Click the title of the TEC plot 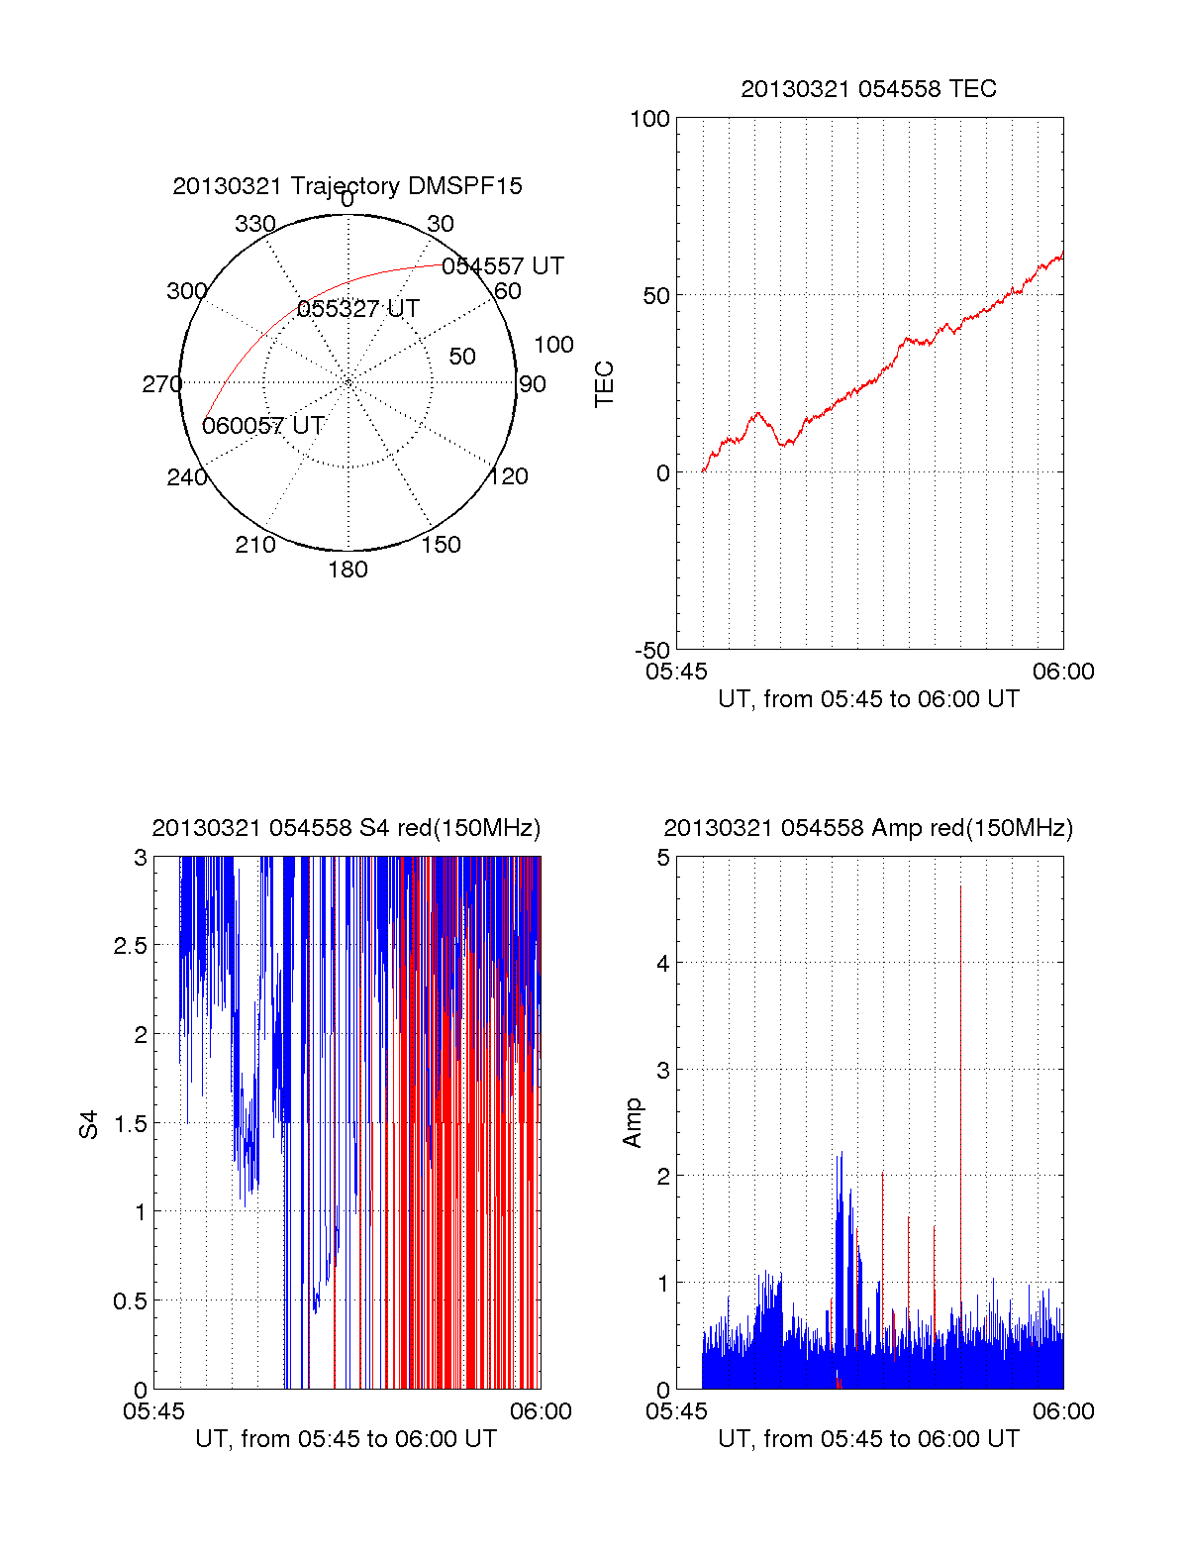coord(868,89)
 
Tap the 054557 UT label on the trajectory coord(503,266)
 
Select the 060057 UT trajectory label coord(263,426)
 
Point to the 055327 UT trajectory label coord(358,309)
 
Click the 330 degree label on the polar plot coord(255,224)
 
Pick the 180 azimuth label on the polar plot coord(347,570)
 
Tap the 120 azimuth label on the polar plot coord(509,476)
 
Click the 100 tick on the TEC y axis coord(650,119)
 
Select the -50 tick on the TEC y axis coord(652,651)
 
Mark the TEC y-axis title coord(604,384)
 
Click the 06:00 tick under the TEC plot coord(1063,673)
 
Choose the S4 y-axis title coord(89,1124)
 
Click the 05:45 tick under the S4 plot coord(153,1411)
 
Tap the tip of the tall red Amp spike coord(960,886)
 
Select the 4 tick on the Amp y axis coord(663,963)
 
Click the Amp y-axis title coord(632,1123)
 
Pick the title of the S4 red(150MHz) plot coord(346,828)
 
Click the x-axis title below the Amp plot coord(868,1439)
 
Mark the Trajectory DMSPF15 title coord(347,186)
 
